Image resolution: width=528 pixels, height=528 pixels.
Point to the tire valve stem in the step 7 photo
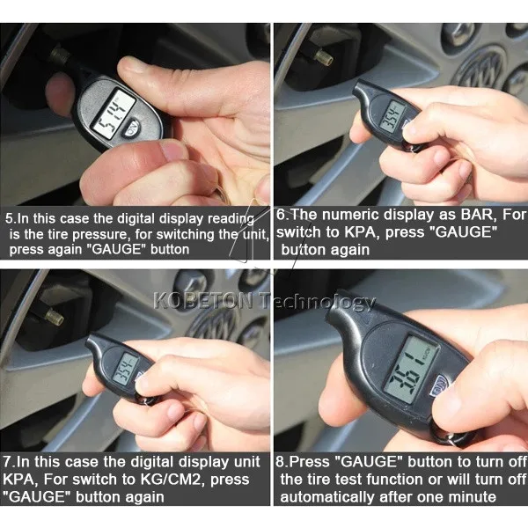click(49, 312)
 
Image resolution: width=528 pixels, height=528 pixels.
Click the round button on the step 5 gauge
click(132, 127)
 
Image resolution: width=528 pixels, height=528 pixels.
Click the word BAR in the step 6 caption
click(448, 215)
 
